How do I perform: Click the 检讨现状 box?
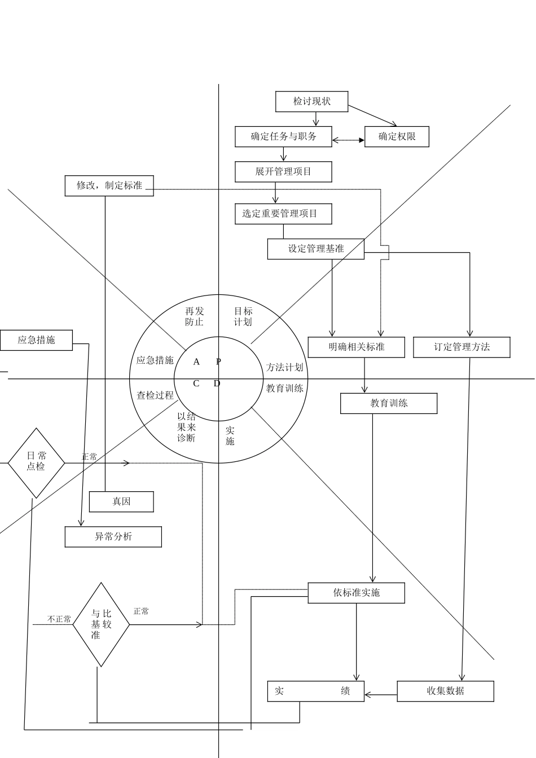(311, 102)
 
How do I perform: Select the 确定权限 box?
(397, 136)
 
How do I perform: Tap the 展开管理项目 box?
(283, 171)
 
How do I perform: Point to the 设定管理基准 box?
(315, 249)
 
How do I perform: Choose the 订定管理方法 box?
(462, 347)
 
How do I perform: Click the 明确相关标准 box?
(356, 347)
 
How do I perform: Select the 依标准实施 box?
(356, 593)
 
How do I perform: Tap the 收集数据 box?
(445, 691)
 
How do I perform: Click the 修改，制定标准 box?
(109, 186)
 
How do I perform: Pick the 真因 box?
(121, 501)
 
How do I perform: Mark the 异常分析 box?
(113, 536)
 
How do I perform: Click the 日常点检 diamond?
(36, 462)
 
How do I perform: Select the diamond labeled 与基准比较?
(101, 624)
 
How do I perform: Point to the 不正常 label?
(59, 619)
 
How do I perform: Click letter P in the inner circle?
(219, 362)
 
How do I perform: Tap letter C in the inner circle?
(196, 384)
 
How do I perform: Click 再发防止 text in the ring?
(194, 316)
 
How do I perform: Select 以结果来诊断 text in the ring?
(186, 427)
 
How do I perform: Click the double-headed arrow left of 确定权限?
(348, 140)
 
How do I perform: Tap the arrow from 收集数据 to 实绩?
(381, 695)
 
